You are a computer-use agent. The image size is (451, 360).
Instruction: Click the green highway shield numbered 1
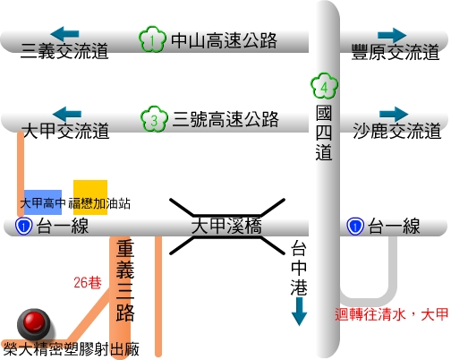tap(152, 39)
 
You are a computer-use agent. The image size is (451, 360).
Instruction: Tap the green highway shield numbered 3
tap(154, 119)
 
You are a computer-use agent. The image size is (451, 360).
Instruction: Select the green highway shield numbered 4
tap(324, 86)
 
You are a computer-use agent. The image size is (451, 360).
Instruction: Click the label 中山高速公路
tap(224, 40)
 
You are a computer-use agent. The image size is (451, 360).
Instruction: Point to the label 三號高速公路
tap(225, 119)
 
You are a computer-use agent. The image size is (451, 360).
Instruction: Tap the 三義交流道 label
tap(64, 51)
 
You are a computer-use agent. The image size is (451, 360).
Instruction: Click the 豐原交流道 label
tap(396, 52)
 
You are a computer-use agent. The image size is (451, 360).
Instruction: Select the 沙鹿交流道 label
tap(397, 131)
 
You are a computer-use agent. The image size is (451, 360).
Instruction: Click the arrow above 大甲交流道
tap(67, 114)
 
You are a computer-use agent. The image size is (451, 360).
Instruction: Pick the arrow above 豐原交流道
tap(392, 35)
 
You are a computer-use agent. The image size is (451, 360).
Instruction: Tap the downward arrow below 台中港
tap(299, 312)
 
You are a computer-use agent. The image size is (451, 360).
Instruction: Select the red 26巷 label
tap(88, 282)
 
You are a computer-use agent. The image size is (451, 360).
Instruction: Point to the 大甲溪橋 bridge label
tap(226, 226)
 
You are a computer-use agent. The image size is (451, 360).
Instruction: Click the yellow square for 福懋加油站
tap(90, 197)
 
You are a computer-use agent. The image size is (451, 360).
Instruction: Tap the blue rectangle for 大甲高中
tap(43, 202)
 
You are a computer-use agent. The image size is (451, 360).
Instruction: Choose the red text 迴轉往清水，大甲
tap(391, 314)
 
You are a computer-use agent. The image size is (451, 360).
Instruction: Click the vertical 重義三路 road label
tap(125, 280)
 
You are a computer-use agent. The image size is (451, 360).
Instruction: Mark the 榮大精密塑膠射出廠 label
tap(72, 349)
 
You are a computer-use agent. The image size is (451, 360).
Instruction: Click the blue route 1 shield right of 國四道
tap(355, 227)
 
